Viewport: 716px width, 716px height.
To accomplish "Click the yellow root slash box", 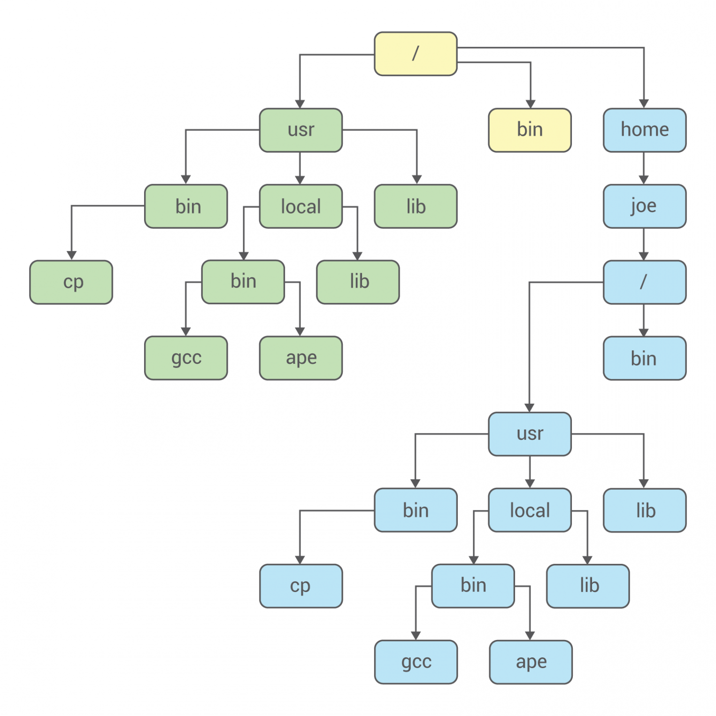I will click(x=416, y=54).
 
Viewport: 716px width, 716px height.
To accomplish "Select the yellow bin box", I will click(x=530, y=130).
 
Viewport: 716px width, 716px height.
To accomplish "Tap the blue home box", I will click(x=644, y=130).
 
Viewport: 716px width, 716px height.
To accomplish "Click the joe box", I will click(x=644, y=206).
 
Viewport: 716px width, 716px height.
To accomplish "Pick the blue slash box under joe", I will click(x=644, y=282).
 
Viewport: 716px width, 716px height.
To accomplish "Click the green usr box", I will click(x=300, y=130).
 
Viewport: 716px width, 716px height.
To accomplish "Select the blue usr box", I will click(x=530, y=434).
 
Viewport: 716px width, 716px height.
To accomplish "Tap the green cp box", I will click(x=71, y=282).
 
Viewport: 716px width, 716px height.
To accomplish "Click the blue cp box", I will click(x=300, y=586).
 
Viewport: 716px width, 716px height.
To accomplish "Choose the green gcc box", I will click(x=186, y=358).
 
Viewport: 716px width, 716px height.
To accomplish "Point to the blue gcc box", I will click(x=416, y=662).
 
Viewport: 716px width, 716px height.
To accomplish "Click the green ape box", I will click(x=300, y=358).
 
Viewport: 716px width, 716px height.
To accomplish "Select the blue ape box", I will click(x=531, y=662).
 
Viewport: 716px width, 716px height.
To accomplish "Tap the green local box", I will click(x=300, y=206).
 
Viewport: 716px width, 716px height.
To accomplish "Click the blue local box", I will click(x=530, y=510).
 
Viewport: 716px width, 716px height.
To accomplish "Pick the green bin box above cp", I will click(x=186, y=206).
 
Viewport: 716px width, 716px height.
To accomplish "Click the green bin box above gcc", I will click(x=243, y=282).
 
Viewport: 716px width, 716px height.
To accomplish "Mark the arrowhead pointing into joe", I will click(x=644, y=180).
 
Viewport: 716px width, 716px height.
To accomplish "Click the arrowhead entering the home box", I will click(x=644, y=104).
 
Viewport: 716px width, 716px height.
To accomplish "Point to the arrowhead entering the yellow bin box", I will click(x=531, y=104).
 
